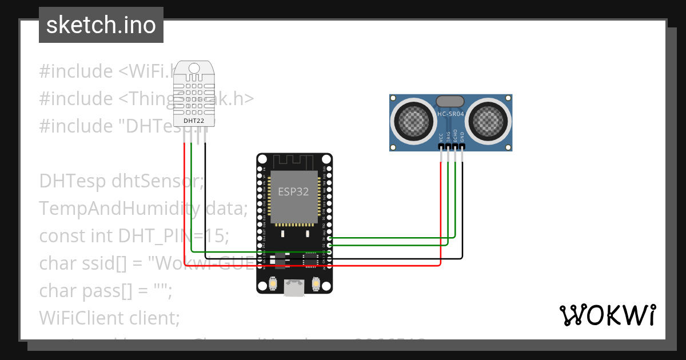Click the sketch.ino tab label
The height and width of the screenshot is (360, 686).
tap(101, 25)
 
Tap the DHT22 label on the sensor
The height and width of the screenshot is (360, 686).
tap(194, 121)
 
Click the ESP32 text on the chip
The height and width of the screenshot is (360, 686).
tap(293, 191)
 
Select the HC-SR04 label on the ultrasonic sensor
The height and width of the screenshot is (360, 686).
tap(451, 114)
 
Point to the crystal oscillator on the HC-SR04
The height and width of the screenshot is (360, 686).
tap(451, 101)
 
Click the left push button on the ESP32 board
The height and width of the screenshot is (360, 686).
tap(273, 283)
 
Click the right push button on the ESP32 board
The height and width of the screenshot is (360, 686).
tap(316, 283)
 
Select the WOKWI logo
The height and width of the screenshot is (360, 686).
tap(608, 315)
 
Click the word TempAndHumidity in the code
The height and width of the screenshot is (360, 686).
tap(119, 209)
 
